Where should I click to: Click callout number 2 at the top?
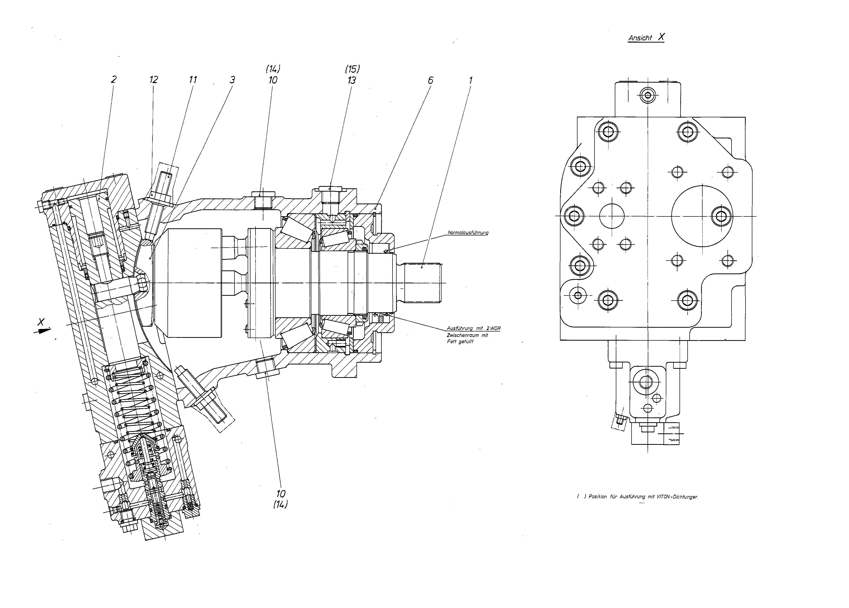pyautogui.click(x=113, y=79)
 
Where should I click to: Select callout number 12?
pyautogui.click(x=154, y=79)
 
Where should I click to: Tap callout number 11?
pyautogui.click(x=193, y=79)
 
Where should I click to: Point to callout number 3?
pyautogui.click(x=232, y=80)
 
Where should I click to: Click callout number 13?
pyautogui.click(x=351, y=80)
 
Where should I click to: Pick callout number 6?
pyautogui.click(x=431, y=80)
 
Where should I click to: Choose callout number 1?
pyautogui.click(x=470, y=80)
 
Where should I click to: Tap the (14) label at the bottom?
pyautogui.click(x=280, y=504)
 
